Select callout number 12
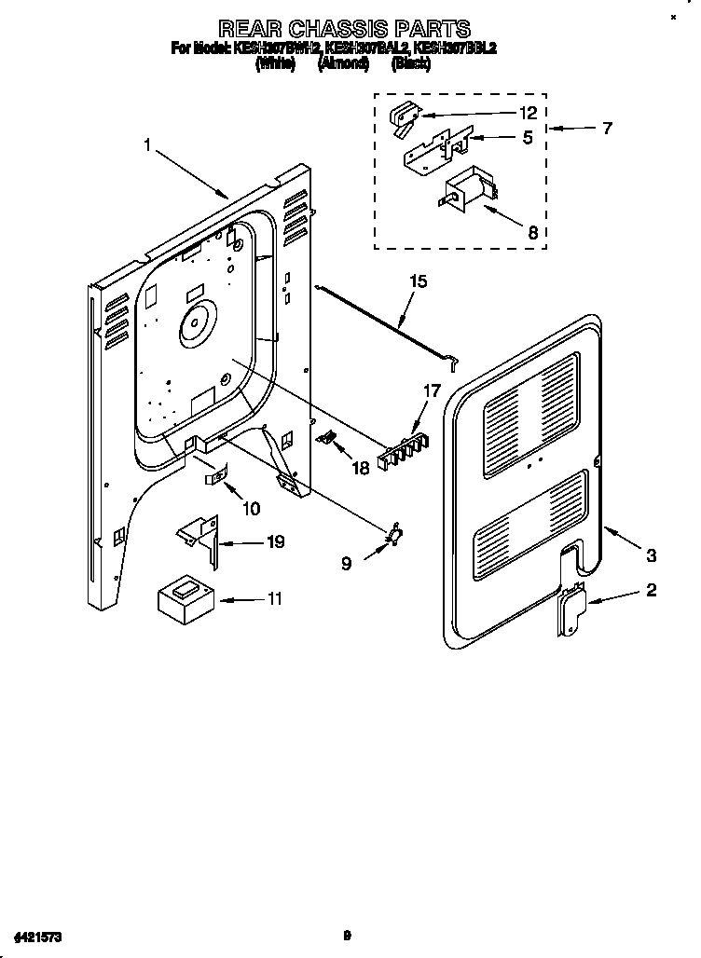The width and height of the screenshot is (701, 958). coord(528,113)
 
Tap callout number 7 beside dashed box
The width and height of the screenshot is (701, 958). coord(606,128)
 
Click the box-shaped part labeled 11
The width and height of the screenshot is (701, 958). coord(185,596)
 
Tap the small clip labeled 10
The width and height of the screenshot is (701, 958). coord(215,476)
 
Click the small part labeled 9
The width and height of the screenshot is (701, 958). coord(395,532)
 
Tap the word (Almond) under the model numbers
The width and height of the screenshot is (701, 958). coord(344,63)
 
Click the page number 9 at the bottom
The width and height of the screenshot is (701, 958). coord(346,934)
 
